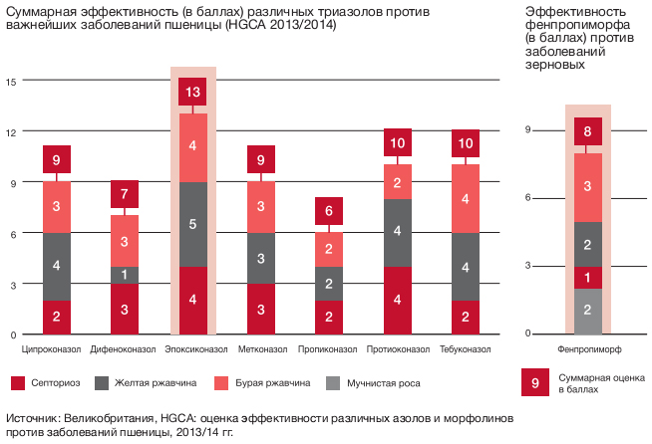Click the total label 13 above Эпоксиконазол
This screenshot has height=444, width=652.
tap(192, 92)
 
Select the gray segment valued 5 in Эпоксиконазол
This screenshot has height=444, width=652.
tap(192, 224)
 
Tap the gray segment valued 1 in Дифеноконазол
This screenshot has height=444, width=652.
tap(125, 275)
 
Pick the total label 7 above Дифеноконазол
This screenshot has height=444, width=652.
tap(125, 194)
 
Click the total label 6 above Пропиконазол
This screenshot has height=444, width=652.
tap(329, 211)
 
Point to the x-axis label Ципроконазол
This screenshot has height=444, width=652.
tap(51, 349)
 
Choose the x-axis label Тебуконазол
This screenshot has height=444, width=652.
tap(466, 349)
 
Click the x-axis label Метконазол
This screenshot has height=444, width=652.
tap(262, 349)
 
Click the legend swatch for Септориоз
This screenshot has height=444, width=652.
tap(18, 383)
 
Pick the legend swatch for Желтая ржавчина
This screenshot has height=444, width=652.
tap(102, 383)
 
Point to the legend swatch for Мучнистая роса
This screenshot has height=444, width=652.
tap(333, 383)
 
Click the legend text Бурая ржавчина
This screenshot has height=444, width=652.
tap(273, 383)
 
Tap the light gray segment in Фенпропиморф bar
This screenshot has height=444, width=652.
tap(587, 311)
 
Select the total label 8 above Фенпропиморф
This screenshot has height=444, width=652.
tap(587, 131)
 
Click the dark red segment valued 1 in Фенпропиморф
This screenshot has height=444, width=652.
tap(587, 278)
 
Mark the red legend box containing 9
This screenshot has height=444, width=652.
tap(535, 382)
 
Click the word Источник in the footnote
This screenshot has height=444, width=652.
tap(33, 418)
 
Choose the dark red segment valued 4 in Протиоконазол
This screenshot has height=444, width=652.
tap(397, 301)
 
